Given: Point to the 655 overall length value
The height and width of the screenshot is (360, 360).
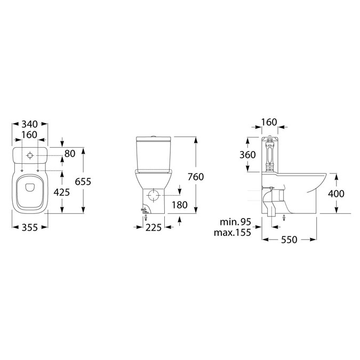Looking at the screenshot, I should pos(83,181).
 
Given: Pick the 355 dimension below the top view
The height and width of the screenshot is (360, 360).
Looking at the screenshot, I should pos(30,227).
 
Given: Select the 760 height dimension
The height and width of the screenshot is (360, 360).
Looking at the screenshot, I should pos(196,177).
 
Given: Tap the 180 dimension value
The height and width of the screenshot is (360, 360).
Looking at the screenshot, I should pos(180,205).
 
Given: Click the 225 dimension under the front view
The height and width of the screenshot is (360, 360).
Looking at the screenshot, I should pos(154,227).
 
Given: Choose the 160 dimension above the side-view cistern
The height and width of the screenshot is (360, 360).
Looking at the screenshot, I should pos(270,122).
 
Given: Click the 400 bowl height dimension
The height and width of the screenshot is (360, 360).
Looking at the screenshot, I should pos(335,193).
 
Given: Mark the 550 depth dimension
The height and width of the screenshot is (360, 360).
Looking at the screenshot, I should pos(289,241).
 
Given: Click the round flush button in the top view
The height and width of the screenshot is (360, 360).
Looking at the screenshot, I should pos(30,156).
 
